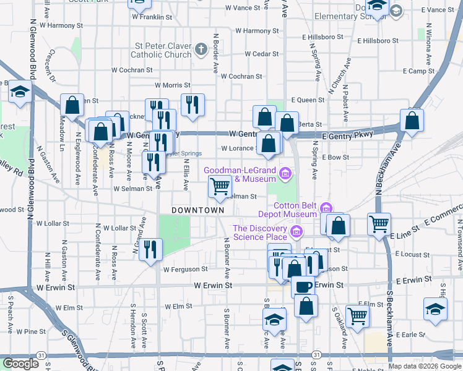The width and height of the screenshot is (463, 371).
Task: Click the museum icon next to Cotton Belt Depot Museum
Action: coord(326,209)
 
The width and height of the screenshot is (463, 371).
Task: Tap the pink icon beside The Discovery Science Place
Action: coord(296,232)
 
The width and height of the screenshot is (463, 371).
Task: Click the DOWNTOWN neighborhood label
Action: coord(197,210)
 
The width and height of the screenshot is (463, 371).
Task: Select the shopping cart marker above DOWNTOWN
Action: coord(220,186)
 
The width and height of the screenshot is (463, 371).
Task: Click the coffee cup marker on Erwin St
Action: coord(303,286)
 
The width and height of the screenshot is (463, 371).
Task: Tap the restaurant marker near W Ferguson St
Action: coord(150,249)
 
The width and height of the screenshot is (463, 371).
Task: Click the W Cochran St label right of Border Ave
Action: coord(241,77)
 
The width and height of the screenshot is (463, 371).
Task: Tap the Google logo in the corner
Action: coord(20,364)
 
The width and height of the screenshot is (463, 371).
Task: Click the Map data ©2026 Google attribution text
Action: coord(425,366)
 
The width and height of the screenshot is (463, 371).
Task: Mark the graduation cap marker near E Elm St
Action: coord(435,309)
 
